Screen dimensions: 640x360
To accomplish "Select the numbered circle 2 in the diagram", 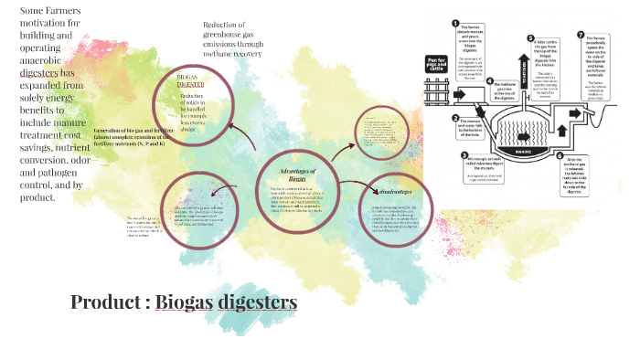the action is (x=454, y=117).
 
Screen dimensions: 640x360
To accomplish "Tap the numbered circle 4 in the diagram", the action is (x=490, y=80).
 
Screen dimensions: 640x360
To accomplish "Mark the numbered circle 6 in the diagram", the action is (x=560, y=156).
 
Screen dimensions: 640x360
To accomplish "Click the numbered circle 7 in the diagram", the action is (x=580, y=36).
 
